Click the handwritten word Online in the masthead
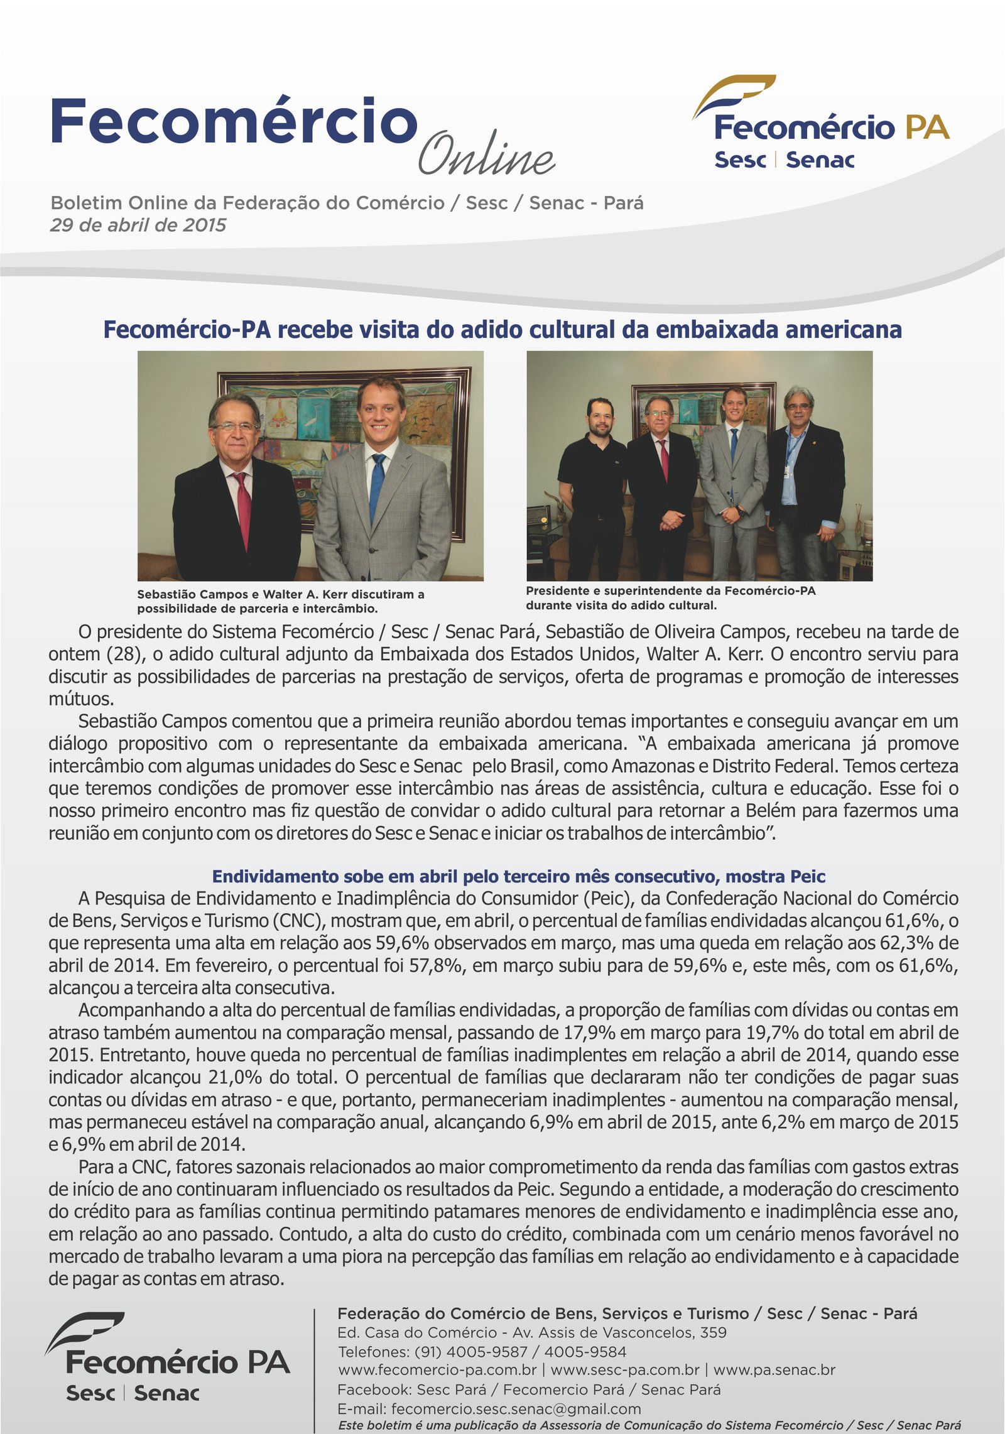487,154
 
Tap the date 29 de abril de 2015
138,225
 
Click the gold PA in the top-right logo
926,128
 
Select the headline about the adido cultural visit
503,330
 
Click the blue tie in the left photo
377,484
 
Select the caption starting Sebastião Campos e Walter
281,601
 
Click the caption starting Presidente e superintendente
670,598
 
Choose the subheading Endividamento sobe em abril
518,876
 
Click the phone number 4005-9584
585,1351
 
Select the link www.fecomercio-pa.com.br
437,1369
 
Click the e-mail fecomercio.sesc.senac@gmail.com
516,1409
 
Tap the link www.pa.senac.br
774,1369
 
